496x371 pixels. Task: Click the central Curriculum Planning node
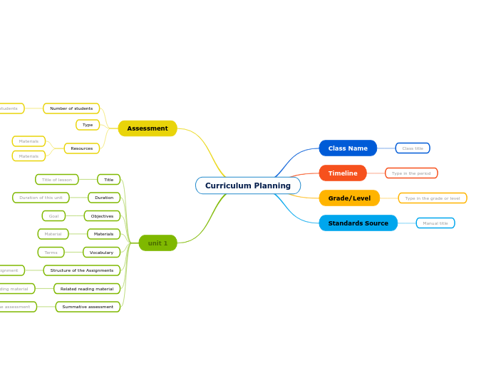click(x=247, y=185)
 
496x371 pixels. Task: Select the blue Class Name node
click(x=348, y=148)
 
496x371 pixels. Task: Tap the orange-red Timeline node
click(x=343, y=173)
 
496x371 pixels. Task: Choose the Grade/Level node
click(x=349, y=198)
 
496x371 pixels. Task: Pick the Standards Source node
click(x=358, y=223)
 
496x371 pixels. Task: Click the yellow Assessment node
click(x=148, y=128)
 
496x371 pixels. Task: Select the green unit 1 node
click(x=157, y=243)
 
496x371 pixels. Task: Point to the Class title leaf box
click(x=413, y=148)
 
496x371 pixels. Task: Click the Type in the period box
click(x=411, y=173)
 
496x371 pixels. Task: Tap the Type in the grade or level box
click(x=433, y=198)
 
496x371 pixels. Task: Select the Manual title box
click(x=435, y=223)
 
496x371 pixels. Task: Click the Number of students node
click(x=71, y=108)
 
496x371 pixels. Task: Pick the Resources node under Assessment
click(x=82, y=148)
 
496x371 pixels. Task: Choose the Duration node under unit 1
click(x=104, y=198)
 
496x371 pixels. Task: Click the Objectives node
click(x=102, y=216)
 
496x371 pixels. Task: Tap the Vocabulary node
click(x=101, y=253)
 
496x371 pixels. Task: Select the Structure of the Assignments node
click(x=82, y=270)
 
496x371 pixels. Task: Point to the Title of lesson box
click(x=56, y=180)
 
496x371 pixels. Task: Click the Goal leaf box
click(x=53, y=216)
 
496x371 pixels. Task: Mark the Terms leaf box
click(x=51, y=253)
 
